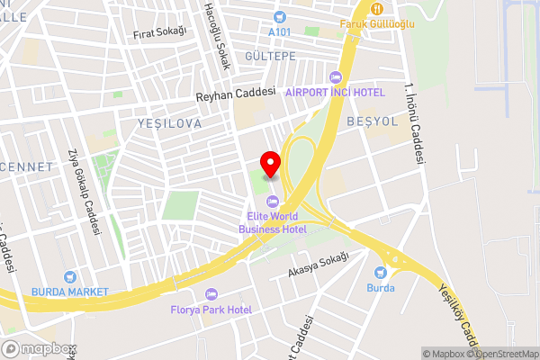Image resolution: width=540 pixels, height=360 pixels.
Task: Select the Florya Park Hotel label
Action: pyautogui.click(x=211, y=310)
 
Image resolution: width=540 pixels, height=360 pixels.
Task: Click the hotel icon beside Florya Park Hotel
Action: pyautogui.click(x=211, y=294)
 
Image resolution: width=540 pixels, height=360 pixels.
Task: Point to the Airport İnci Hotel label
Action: pyautogui.click(x=335, y=93)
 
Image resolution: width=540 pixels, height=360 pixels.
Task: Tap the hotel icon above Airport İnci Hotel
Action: pyautogui.click(x=336, y=77)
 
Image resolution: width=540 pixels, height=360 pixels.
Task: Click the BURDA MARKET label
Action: pyautogui.click(x=69, y=292)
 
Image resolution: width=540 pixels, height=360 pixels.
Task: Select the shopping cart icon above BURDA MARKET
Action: pyautogui.click(x=69, y=276)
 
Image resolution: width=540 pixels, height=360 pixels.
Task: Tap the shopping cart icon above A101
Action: pyautogui.click(x=280, y=15)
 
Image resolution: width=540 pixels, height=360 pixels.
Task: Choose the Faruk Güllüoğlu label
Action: pyautogui.click(x=377, y=24)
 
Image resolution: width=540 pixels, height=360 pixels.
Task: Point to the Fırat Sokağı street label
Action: pyautogui.click(x=159, y=32)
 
